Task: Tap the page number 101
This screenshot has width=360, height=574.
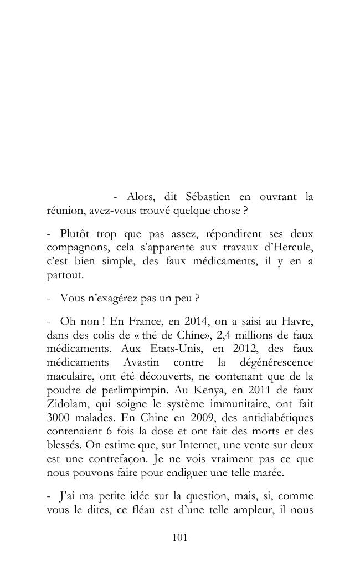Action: pos(180,537)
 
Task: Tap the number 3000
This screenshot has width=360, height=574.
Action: pos(58,416)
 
